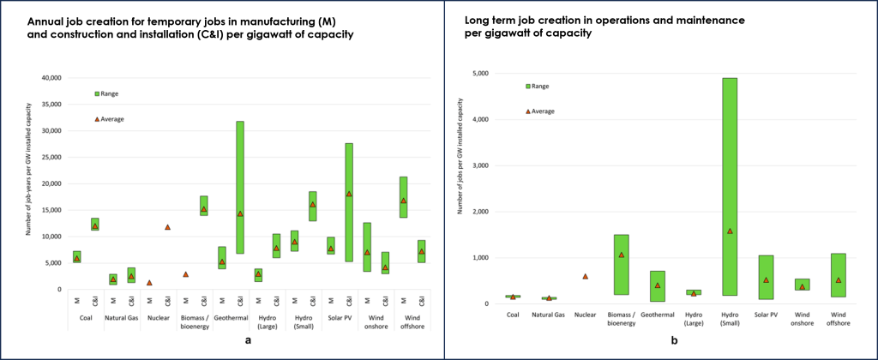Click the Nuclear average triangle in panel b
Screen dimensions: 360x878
pos(586,276)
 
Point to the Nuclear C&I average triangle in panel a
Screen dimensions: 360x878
pos(167,227)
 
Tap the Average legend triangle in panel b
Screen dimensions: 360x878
pos(527,111)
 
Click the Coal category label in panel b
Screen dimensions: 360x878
pos(513,315)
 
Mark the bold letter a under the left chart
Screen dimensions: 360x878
pos(248,342)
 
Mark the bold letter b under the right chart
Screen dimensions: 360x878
pos(675,342)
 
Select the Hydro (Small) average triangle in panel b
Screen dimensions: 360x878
pos(730,231)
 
